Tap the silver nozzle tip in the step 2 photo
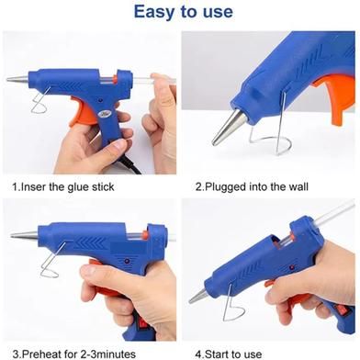(228, 128)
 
